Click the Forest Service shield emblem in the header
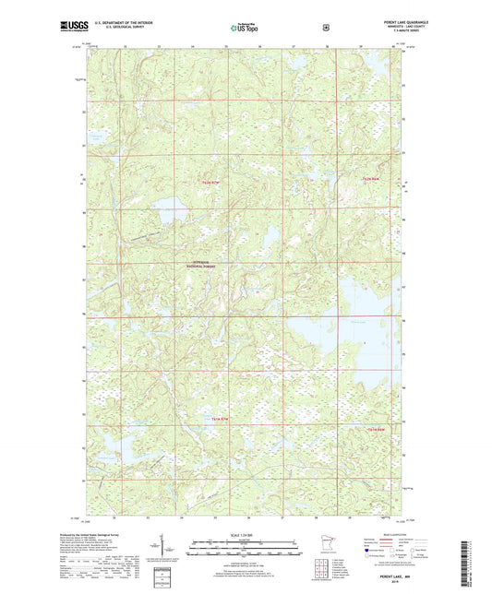[326, 28]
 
